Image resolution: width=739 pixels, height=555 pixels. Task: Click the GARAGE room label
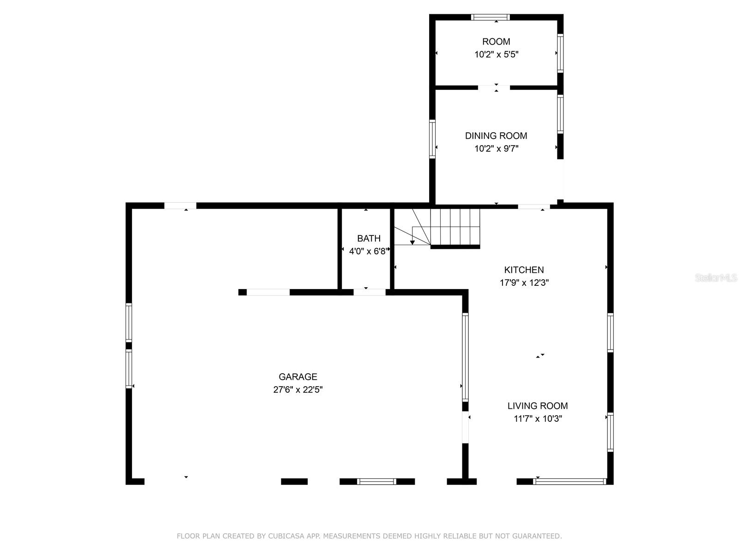[297, 376]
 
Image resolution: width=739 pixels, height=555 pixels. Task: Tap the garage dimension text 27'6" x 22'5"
[297, 389]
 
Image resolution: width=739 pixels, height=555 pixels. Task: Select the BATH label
[369, 238]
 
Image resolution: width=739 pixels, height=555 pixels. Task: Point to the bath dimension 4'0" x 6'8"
[369, 251]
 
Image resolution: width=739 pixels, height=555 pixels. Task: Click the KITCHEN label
[524, 270]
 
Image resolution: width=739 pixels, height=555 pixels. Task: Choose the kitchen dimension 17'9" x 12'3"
[524, 283]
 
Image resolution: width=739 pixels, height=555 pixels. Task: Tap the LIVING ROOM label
[537, 406]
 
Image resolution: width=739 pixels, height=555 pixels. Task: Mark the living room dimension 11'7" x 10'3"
[537, 419]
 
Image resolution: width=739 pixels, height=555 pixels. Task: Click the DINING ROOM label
[496, 136]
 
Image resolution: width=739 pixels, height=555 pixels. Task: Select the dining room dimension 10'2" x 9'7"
[496, 148]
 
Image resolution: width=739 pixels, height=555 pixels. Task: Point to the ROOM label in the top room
[496, 42]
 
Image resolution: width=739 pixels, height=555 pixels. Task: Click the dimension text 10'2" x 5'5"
[496, 54]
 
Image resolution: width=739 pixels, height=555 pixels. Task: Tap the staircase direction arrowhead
[412, 242]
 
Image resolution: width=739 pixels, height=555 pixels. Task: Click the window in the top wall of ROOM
[490, 17]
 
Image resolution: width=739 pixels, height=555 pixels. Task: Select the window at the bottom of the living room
[569, 481]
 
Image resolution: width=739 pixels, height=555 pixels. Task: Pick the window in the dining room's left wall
[432, 139]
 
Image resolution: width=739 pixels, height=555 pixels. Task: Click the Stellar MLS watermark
[716, 277]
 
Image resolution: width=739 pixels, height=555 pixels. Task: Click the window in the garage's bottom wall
[376, 481]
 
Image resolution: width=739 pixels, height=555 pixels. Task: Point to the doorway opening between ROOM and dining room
[494, 87]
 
